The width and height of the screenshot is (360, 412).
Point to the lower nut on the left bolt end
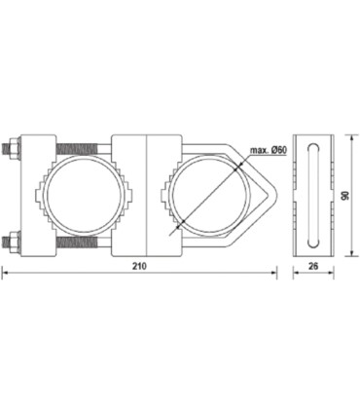12,237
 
